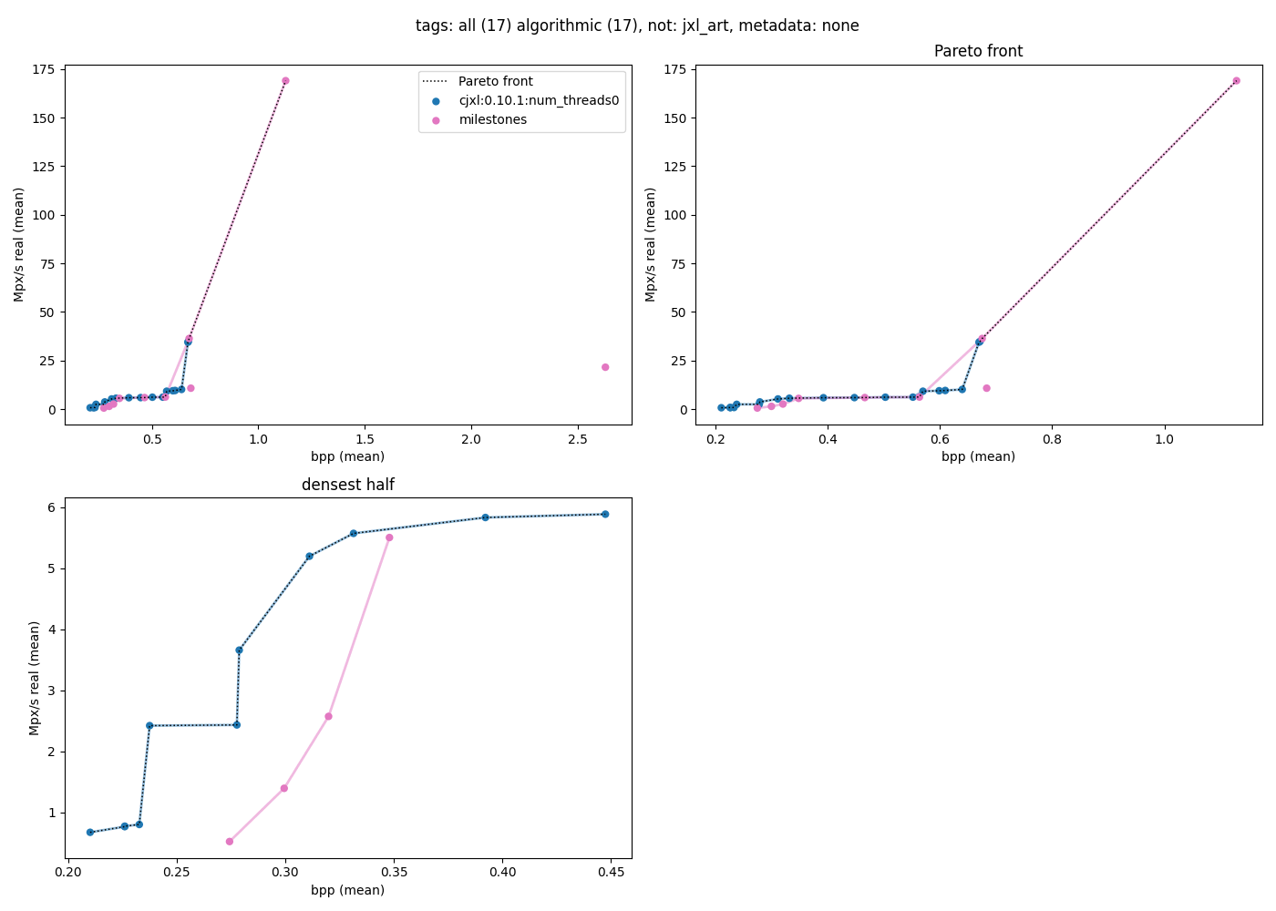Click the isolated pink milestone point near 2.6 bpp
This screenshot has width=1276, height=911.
tap(605, 367)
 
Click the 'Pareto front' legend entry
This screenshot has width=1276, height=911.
tap(495, 82)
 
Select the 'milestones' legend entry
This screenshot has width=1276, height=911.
tap(492, 120)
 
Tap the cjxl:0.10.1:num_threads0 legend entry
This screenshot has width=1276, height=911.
tap(538, 101)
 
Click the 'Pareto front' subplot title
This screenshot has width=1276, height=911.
tap(978, 52)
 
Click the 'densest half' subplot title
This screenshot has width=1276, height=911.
tap(348, 486)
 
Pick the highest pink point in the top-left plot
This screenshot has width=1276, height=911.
tap(285, 81)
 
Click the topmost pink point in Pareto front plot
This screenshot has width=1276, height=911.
tap(1237, 81)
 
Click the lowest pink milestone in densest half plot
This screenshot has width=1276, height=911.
tap(230, 842)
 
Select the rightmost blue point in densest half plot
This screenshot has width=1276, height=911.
tap(605, 515)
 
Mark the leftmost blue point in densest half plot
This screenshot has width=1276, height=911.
tap(90, 833)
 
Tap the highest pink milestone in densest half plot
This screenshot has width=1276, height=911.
tap(389, 537)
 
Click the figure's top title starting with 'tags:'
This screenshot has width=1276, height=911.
tap(637, 26)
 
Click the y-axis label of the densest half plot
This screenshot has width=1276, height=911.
tap(35, 678)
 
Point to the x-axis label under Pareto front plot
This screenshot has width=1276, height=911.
tap(978, 456)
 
